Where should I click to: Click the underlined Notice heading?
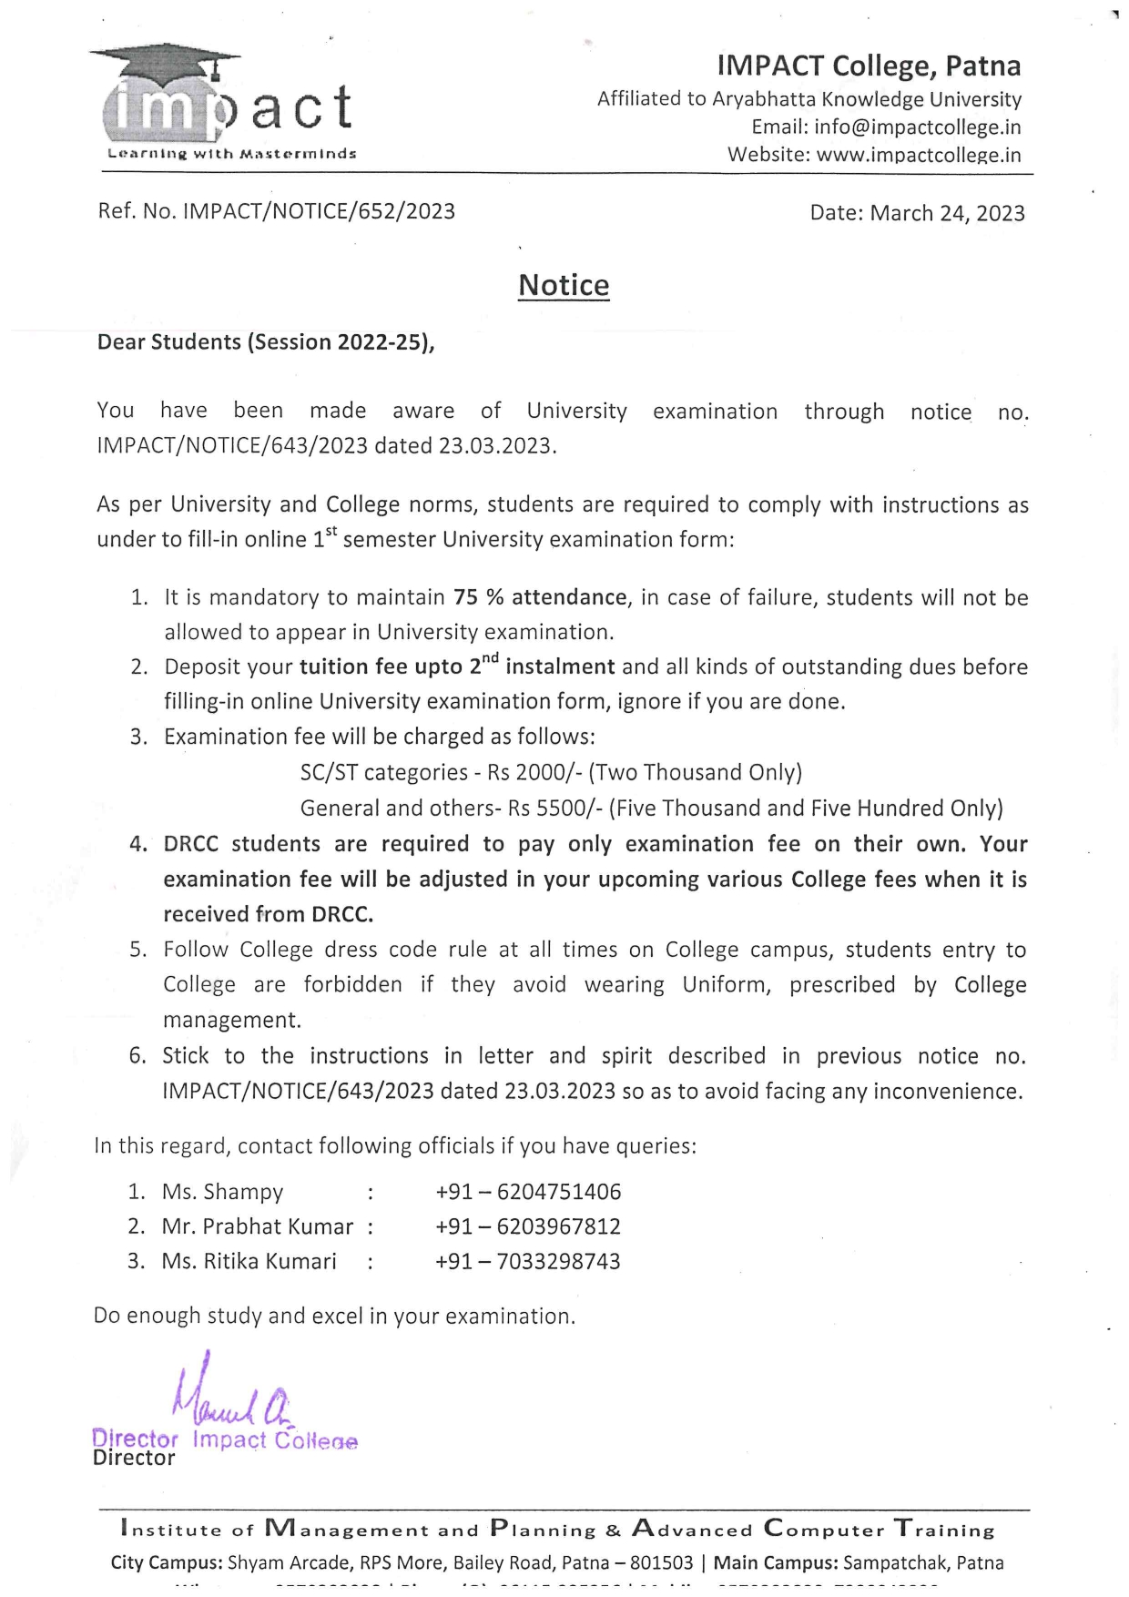point(564,286)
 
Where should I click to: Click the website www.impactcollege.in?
point(919,156)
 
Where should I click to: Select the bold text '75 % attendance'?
point(541,598)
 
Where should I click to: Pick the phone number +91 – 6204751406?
point(528,1193)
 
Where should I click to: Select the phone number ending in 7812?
point(528,1227)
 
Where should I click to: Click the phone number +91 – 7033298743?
point(528,1262)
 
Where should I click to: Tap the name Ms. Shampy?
point(223,1193)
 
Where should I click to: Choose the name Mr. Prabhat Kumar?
point(258,1227)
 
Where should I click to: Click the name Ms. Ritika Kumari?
point(249,1262)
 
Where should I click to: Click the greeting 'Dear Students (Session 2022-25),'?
point(266,342)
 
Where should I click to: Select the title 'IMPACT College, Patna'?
point(869,66)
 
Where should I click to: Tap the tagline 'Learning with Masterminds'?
point(232,154)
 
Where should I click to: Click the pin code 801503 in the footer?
point(661,1563)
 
